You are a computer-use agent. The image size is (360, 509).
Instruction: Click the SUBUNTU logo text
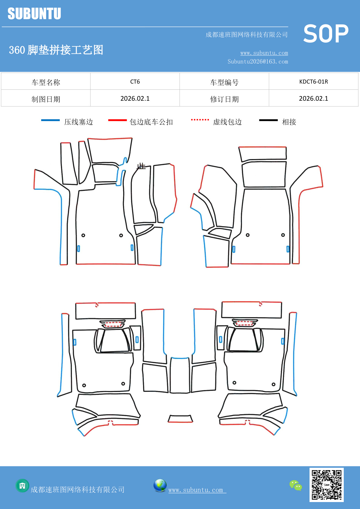34,14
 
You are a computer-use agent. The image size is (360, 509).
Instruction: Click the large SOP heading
325,34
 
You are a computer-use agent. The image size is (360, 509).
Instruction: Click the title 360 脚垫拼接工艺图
56,50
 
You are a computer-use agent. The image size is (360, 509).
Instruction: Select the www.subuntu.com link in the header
264,53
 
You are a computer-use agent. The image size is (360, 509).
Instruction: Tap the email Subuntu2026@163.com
258,62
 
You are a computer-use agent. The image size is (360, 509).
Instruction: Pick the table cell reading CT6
135,82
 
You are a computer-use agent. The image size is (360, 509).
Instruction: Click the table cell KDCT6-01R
313,82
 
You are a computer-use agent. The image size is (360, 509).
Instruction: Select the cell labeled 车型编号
224,82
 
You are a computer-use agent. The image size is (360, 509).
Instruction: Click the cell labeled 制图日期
46,99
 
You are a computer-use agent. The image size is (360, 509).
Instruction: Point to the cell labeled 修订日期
224,99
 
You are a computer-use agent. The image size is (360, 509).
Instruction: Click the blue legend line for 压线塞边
50,120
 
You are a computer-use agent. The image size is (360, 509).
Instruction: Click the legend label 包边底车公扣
151,122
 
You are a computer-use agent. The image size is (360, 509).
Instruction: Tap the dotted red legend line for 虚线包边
200,120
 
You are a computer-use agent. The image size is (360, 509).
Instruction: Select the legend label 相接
289,122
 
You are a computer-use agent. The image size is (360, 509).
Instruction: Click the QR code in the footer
326,485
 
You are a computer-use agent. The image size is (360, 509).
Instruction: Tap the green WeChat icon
296,485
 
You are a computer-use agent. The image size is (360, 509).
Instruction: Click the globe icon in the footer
160,485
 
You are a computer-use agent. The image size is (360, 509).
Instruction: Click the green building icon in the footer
22,485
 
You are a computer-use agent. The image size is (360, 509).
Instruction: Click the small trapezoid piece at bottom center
180,418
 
